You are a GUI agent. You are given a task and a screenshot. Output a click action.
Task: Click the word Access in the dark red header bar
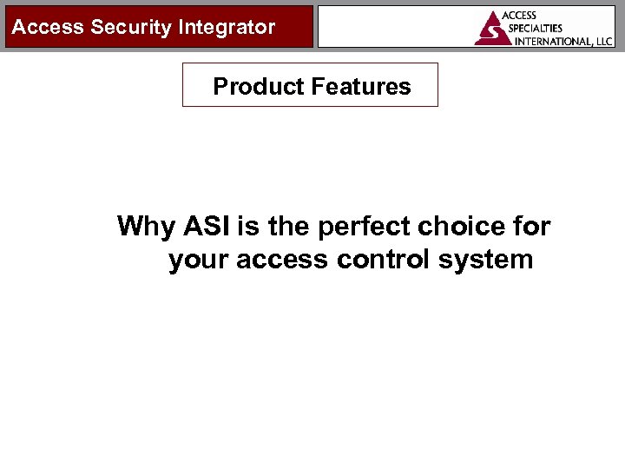coord(48,27)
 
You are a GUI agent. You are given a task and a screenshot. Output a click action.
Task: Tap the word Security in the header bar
coord(130,27)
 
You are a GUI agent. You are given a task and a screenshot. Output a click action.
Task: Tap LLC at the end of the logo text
coord(602,40)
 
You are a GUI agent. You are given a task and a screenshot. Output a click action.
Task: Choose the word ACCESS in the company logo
coord(520,16)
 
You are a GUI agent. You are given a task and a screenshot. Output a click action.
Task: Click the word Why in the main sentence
coord(146,227)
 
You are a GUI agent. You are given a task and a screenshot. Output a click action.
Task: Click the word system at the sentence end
coord(484,259)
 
